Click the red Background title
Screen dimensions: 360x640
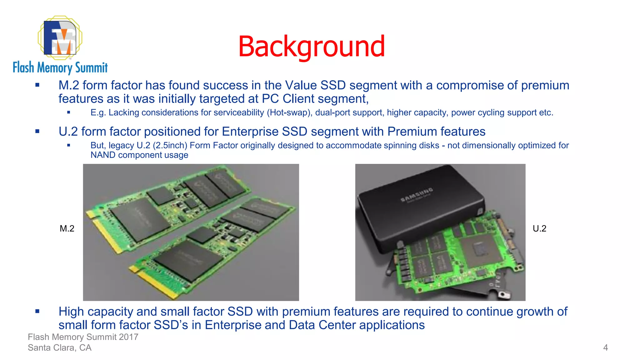(x=312, y=47)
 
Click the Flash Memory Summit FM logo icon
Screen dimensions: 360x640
(x=60, y=38)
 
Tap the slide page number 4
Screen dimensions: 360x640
(x=605, y=347)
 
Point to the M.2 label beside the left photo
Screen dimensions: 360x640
(x=67, y=228)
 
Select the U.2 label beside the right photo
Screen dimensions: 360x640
(x=539, y=228)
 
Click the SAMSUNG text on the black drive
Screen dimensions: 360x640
(x=417, y=195)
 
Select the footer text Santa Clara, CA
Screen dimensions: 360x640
(x=60, y=347)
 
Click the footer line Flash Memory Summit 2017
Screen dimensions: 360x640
(x=83, y=337)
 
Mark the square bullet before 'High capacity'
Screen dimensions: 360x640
(x=37, y=311)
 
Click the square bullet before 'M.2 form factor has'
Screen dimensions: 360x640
(x=37, y=85)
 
